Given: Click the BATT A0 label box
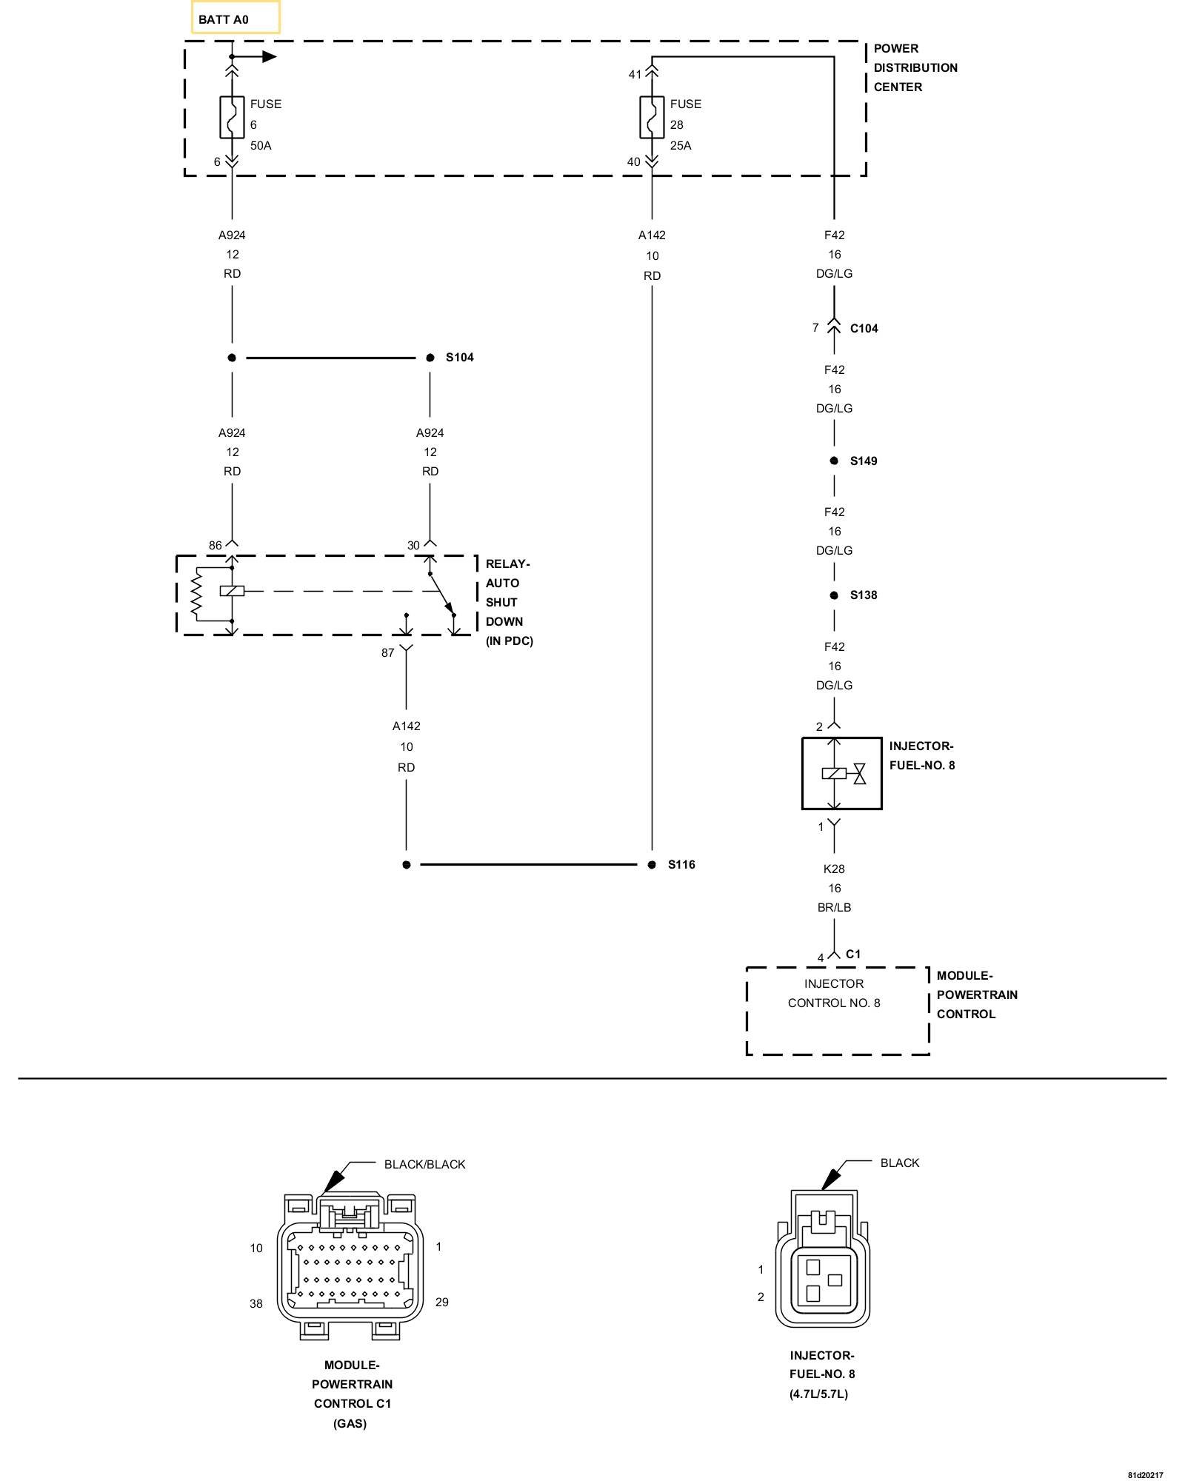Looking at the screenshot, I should (x=236, y=18).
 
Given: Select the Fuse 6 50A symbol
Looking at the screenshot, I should (x=232, y=118).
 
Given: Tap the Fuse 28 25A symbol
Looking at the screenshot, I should (x=652, y=118).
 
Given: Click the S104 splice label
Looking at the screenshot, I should (x=459, y=358).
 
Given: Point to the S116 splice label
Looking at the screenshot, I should (x=681, y=865).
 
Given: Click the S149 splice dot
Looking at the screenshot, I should (x=834, y=461).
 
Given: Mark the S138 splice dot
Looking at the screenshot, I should (x=834, y=595).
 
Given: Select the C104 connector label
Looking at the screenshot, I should (x=864, y=329).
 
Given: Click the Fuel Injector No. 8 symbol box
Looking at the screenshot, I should (x=842, y=774).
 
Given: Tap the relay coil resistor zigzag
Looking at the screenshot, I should (x=196, y=594).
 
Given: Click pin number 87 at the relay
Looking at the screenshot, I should (x=387, y=653).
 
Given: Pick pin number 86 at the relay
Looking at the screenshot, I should (x=215, y=546).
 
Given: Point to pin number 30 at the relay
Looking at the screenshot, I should (x=413, y=546).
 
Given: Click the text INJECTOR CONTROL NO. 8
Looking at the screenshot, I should (x=834, y=994).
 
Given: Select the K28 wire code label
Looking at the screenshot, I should (x=834, y=869).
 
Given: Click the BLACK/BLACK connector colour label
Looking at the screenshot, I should (x=424, y=1165).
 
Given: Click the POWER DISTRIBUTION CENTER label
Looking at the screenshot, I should (x=915, y=68).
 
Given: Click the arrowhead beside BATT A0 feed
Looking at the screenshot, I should (x=269, y=57).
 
